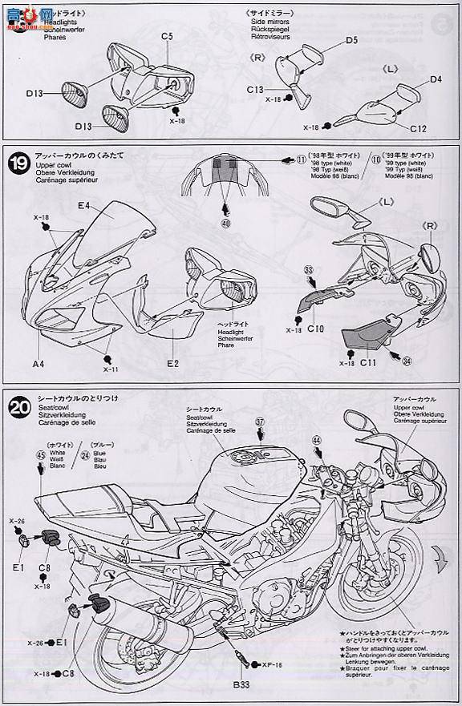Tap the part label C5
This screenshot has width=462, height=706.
click(167, 36)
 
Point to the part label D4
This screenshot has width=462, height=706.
click(436, 79)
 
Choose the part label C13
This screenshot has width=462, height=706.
click(256, 89)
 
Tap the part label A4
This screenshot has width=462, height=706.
click(38, 363)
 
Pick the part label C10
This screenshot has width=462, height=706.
click(314, 329)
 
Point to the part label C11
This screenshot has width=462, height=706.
click(368, 363)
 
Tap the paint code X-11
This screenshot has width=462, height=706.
click(109, 369)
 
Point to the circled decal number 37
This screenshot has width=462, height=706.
click(259, 422)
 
